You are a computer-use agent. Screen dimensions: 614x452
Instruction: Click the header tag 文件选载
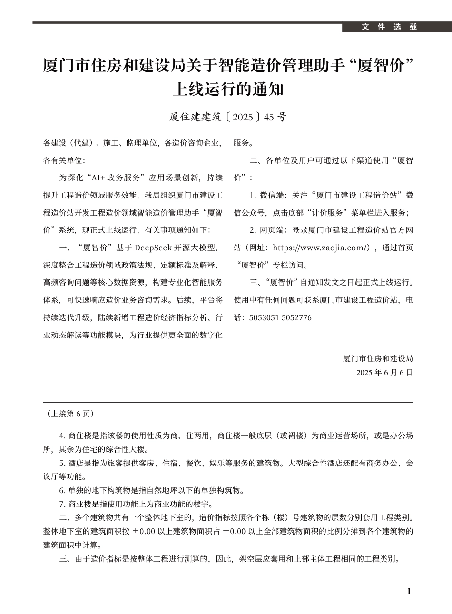(x=389, y=27)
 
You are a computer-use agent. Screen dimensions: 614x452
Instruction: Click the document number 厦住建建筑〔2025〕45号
(x=228, y=117)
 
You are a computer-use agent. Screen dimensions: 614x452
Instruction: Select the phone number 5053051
(x=264, y=317)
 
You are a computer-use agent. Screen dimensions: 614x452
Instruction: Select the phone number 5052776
(x=297, y=317)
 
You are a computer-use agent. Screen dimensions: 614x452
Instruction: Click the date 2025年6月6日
(x=384, y=372)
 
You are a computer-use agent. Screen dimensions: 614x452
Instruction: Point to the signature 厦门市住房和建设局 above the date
(x=378, y=358)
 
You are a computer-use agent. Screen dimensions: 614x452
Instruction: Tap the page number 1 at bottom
(x=409, y=591)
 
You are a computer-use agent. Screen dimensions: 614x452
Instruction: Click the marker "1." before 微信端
(x=253, y=195)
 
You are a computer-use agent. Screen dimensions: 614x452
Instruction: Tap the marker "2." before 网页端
(x=253, y=230)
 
